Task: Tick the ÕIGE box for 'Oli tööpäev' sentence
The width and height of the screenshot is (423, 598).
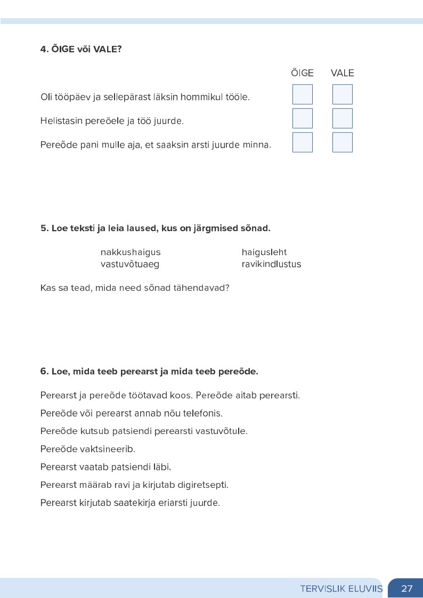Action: click(303, 94)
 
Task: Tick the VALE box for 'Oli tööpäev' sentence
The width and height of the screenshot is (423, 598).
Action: click(343, 94)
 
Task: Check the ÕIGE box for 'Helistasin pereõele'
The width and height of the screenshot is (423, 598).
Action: click(303, 118)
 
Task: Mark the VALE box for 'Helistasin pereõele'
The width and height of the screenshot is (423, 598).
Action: click(343, 118)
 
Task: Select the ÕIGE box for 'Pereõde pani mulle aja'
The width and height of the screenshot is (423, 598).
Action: click(303, 142)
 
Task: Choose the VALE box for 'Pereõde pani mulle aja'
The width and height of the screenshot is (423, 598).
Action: click(343, 142)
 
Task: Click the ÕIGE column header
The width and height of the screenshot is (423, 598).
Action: click(302, 73)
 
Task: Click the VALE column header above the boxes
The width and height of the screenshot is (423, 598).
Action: click(342, 73)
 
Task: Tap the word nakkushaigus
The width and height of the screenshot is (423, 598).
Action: click(131, 252)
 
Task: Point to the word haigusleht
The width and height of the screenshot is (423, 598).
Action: click(264, 252)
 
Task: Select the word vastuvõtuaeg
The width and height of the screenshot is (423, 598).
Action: click(130, 264)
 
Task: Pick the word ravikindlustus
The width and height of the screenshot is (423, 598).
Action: click(271, 264)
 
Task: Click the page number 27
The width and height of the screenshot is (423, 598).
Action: click(407, 588)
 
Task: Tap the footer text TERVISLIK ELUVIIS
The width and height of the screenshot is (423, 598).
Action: click(341, 588)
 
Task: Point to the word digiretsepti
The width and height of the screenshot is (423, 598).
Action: click(204, 485)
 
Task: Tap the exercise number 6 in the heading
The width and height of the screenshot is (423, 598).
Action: click(44, 371)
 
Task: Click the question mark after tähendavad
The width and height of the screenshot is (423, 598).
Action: click(227, 288)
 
